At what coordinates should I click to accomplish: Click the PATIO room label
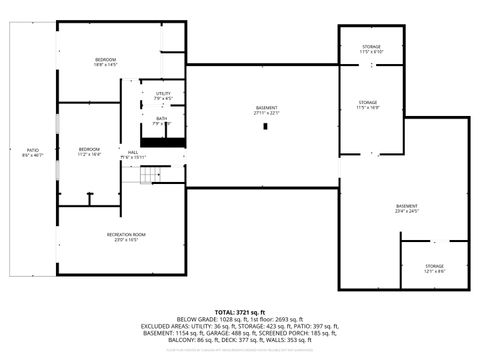pos(33,152)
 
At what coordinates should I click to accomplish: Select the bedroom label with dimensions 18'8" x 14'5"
pos(106,63)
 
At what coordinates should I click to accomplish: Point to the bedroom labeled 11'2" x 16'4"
pos(90,152)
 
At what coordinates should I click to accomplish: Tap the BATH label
pos(162,120)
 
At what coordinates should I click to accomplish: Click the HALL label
pos(133,154)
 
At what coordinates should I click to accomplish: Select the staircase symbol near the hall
pos(149,176)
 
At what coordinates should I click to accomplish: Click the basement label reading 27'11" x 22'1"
pos(265,110)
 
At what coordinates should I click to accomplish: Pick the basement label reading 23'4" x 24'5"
pos(407,207)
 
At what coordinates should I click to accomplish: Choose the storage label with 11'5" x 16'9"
pos(369,105)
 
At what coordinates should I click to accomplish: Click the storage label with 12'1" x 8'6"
pos(434,268)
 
